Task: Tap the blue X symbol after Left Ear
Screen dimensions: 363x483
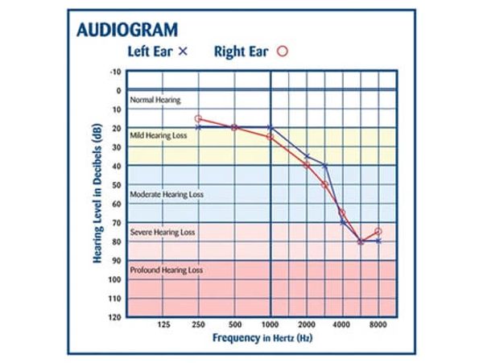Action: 182,51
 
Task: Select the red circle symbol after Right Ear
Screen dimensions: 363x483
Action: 283,51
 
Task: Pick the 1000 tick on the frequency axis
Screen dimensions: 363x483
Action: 270,325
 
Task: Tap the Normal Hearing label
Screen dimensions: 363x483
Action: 155,100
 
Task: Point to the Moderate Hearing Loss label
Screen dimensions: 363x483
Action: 167,194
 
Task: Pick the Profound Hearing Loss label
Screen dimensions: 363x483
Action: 167,270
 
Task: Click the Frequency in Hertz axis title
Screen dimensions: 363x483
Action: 262,338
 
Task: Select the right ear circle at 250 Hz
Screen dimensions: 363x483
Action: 199,118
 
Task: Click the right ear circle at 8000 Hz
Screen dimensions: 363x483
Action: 378,232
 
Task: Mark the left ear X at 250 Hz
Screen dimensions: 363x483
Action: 199,127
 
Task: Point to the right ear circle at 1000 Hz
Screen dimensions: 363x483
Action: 270,137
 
